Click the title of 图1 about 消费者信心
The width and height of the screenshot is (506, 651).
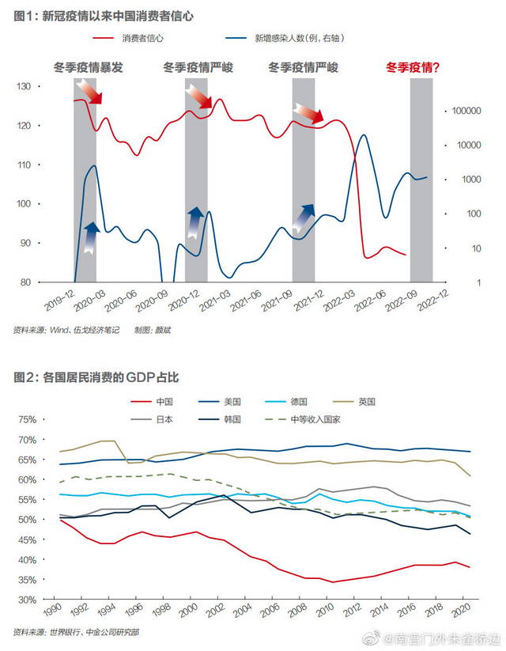tap(104, 16)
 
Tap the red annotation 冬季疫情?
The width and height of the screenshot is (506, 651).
tap(413, 68)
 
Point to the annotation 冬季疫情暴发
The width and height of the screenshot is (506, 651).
tap(88, 68)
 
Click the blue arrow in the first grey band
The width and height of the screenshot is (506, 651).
tap(89, 237)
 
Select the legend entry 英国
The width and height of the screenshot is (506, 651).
tap(366, 401)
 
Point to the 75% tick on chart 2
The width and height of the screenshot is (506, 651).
tap(28, 419)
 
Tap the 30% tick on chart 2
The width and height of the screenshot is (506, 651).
tap(28, 600)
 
